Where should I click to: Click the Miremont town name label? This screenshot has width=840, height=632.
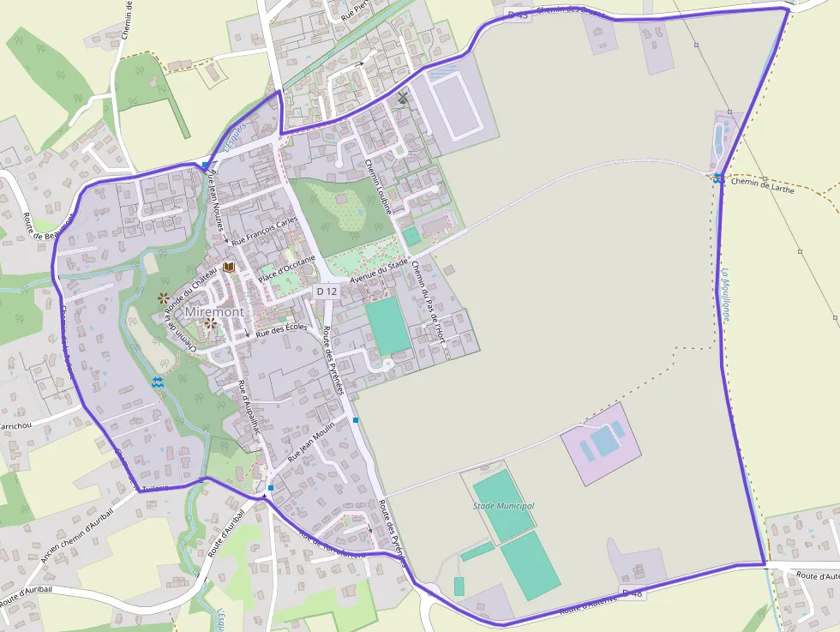point(213,311)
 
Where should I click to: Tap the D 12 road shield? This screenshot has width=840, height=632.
point(327,292)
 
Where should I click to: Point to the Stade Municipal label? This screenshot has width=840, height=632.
point(503,506)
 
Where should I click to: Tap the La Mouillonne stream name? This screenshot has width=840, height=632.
point(726,296)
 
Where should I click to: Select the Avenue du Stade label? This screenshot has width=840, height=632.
point(378,274)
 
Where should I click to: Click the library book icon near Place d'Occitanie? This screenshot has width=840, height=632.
point(228,268)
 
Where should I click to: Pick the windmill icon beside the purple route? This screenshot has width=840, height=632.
point(402,99)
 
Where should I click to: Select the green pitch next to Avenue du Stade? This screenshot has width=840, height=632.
point(389,325)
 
